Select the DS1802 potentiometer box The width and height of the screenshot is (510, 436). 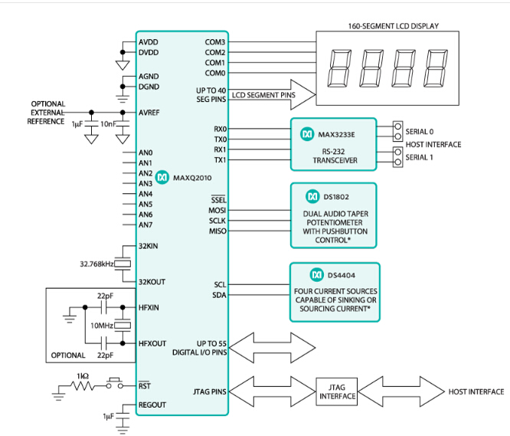click(333, 215)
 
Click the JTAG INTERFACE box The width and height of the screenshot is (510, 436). click(337, 392)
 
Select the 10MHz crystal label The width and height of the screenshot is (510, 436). click(102, 326)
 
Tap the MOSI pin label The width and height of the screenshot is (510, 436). click(217, 210)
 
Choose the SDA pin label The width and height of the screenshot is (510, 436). click(218, 294)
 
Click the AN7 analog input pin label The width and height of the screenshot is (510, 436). click(145, 225)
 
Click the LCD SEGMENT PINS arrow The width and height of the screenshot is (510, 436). click(272, 94)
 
